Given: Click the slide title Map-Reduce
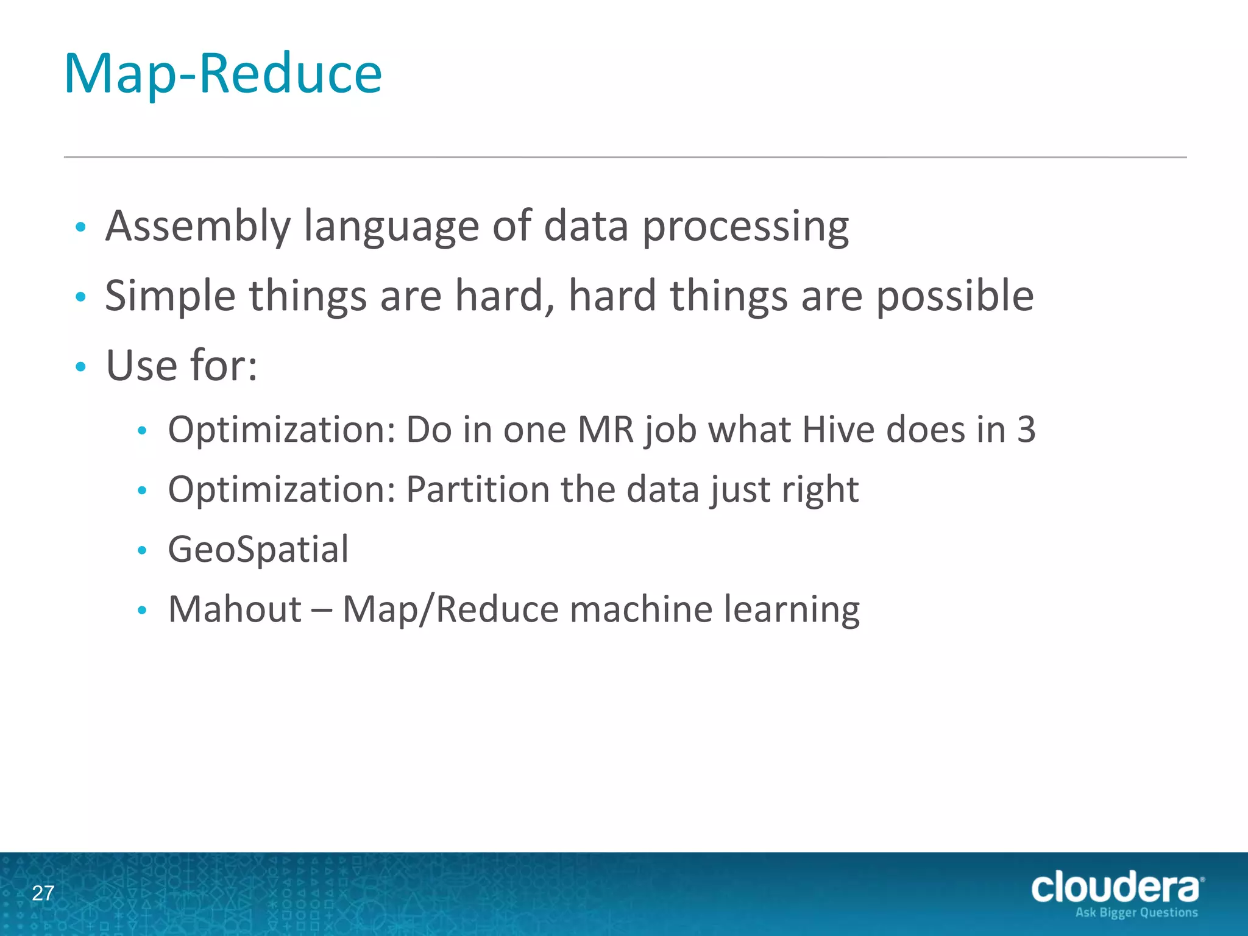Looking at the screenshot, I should pyautogui.click(x=223, y=74).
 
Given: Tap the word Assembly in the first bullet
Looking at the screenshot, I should pyautogui.click(x=197, y=227).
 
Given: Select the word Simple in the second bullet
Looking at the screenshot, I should pyautogui.click(x=170, y=297).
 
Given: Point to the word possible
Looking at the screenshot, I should pyautogui.click(x=954, y=297).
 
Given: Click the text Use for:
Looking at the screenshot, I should pyautogui.click(x=182, y=366).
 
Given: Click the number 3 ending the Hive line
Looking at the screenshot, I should pyautogui.click(x=1026, y=430).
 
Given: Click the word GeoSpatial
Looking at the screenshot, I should pyautogui.click(x=258, y=550).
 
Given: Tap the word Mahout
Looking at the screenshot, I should pyautogui.click(x=235, y=609).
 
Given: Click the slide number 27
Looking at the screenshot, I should pyautogui.click(x=43, y=893).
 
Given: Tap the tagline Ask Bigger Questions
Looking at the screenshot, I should pyautogui.click(x=1136, y=913).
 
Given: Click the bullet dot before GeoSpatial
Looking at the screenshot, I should pyautogui.click(x=143, y=551).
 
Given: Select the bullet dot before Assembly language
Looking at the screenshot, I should pyautogui.click(x=80, y=228).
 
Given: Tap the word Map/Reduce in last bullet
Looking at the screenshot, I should pyautogui.click(x=450, y=609).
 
